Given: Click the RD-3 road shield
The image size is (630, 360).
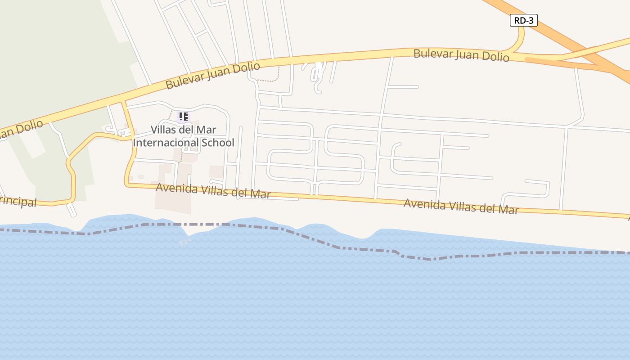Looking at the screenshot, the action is tap(523, 20).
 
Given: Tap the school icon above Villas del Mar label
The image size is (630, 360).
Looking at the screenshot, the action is tap(184, 117).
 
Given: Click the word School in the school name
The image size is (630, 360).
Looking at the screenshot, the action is tap(218, 143).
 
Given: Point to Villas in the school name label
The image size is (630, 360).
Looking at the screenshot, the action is tap(162, 130).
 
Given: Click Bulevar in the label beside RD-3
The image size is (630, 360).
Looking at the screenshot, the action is tap(432, 54).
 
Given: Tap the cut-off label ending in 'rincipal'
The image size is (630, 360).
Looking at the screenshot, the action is tap(18, 202).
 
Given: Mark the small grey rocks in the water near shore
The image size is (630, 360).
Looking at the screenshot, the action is tap(184, 242).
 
